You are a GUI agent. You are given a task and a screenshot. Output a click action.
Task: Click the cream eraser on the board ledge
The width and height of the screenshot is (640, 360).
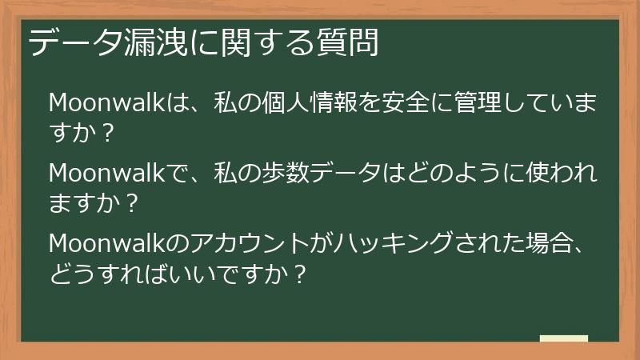(564, 339)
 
